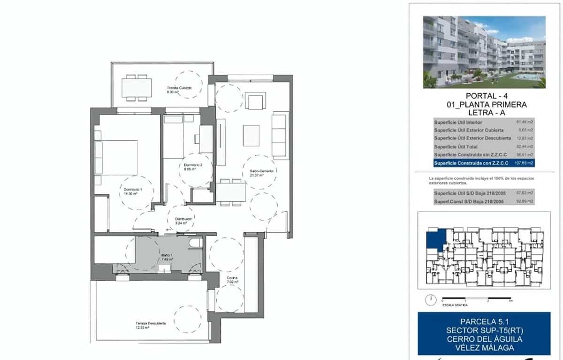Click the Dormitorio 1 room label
(133, 191)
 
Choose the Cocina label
(233, 280)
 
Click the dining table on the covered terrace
(137, 87)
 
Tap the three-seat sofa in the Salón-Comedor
(280, 134)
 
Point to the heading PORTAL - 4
(485, 96)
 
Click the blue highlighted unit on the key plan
(434, 239)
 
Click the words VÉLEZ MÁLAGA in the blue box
(485, 348)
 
